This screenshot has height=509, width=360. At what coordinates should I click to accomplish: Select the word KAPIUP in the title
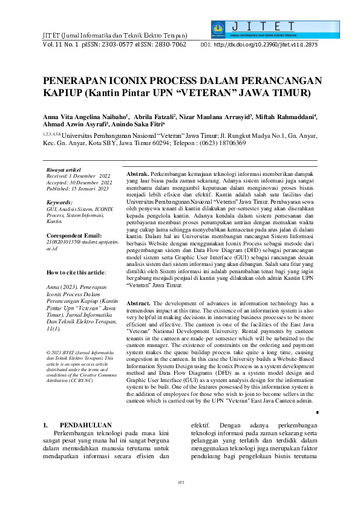[62, 93]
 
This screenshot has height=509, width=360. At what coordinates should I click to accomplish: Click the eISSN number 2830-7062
[167, 45]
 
